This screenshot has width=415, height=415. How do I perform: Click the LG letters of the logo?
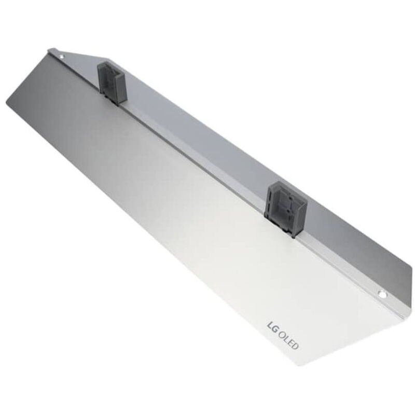pyautogui.click(x=273, y=327)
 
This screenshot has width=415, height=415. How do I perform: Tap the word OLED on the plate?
pyautogui.click(x=289, y=341)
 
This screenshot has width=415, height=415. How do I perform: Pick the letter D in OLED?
pyautogui.click(x=296, y=347)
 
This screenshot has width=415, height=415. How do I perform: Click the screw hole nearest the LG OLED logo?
pyautogui.click(x=382, y=294)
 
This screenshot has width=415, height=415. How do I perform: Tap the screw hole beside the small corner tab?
pyautogui.click(x=62, y=57)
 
